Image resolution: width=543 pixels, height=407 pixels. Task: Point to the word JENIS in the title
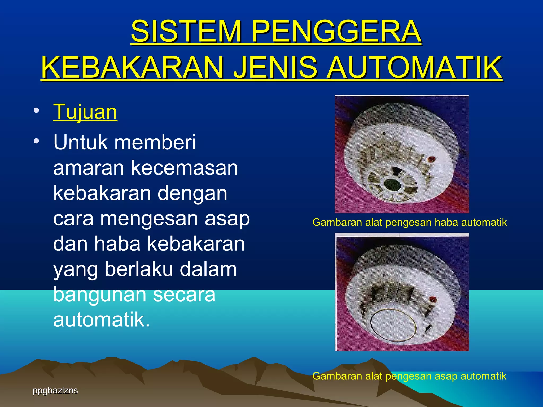pyautogui.click(x=275, y=67)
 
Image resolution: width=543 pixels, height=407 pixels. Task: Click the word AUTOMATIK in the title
pyautogui.click(x=414, y=67)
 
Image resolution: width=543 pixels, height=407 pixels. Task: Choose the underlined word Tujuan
pyautogui.click(x=85, y=112)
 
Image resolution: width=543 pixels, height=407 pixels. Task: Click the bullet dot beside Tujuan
pyautogui.click(x=36, y=110)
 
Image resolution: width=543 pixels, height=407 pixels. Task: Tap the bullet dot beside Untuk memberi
pyautogui.click(x=36, y=141)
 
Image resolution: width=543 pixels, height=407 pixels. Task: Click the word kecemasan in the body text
pyautogui.click(x=185, y=168)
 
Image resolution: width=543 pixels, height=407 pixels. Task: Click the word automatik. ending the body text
pyautogui.click(x=102, y=320)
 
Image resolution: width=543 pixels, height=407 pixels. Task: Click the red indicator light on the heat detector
pyautogui.click(x=431, y=160)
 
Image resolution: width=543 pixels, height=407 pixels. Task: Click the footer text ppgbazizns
pyautogui.click(x=55, y=391)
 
